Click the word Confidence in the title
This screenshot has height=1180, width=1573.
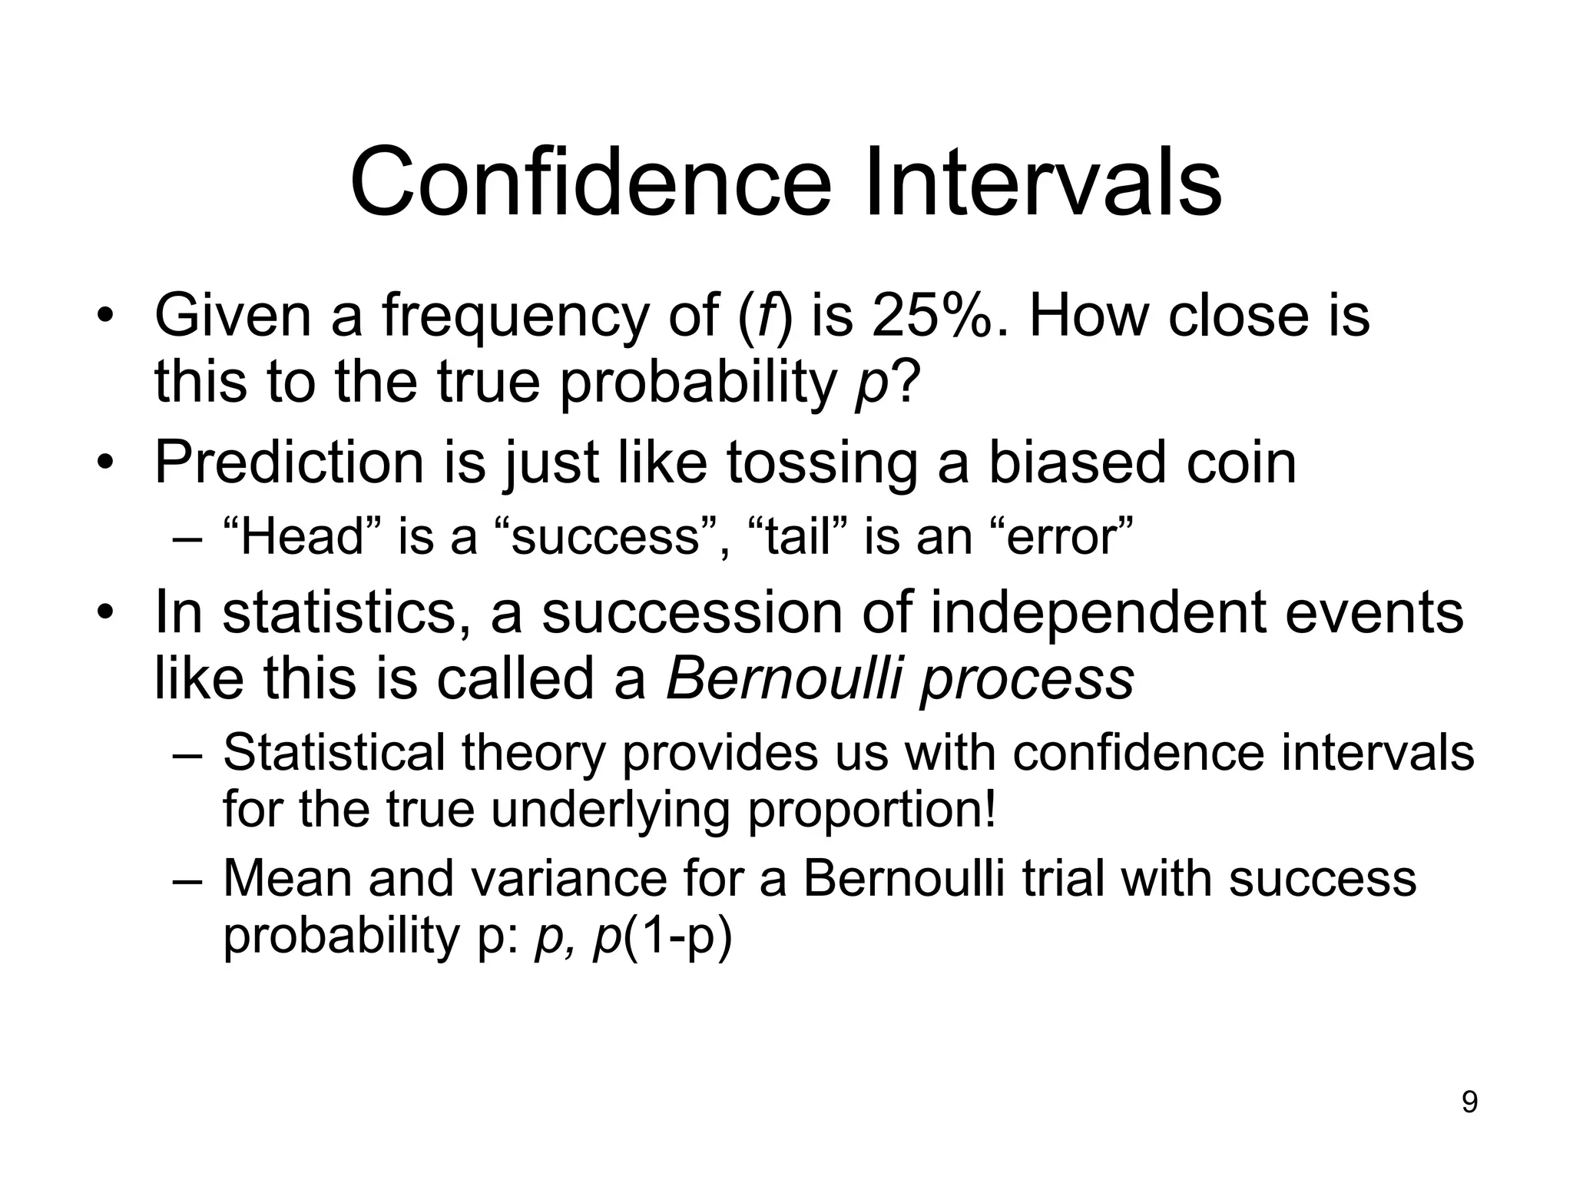coord(590,183)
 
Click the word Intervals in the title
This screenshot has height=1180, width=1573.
coord(1042,183)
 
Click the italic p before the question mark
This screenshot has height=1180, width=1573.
coord(870,384)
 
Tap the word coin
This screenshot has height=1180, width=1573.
coord(1240,462)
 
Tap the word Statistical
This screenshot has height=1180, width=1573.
coord(333,752)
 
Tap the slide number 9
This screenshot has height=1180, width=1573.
coord(1469,1103)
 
